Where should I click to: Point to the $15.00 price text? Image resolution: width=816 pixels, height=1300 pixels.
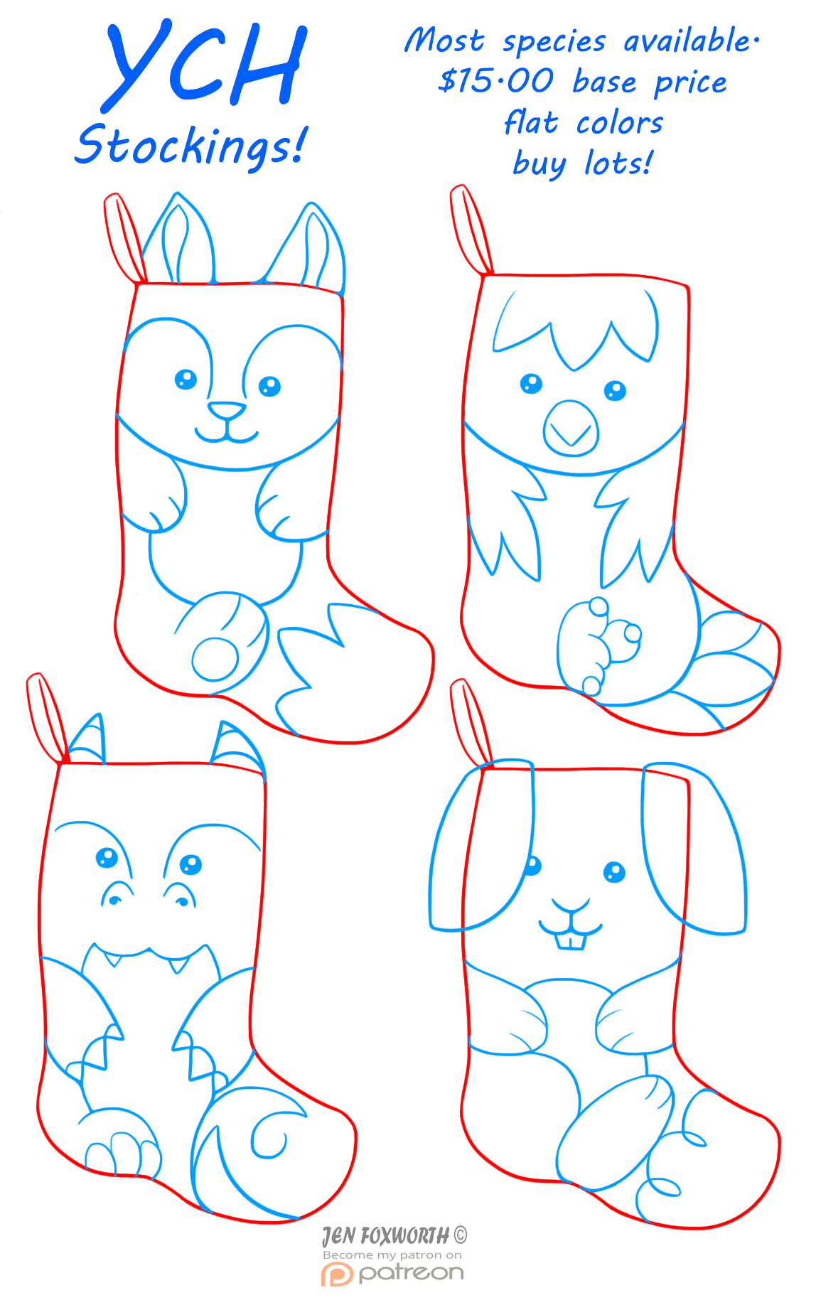coord(495,80)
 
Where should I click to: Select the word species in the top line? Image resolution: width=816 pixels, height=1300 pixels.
coord(554,43)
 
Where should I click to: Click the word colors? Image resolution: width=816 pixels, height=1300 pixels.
coord(619,124)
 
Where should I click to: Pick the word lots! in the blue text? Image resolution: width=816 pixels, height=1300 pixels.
coord(618,163)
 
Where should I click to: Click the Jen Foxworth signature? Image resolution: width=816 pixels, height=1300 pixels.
coord(394,1236)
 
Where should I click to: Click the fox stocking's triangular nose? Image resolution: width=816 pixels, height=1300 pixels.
coord(227,410)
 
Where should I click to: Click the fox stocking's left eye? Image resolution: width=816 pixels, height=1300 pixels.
coord(186,380)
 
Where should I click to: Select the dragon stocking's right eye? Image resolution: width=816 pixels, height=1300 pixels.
coord(190,865)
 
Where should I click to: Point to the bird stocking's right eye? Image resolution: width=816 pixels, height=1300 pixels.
coord(615,391)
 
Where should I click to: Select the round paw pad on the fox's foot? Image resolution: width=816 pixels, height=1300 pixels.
coord(215,659)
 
